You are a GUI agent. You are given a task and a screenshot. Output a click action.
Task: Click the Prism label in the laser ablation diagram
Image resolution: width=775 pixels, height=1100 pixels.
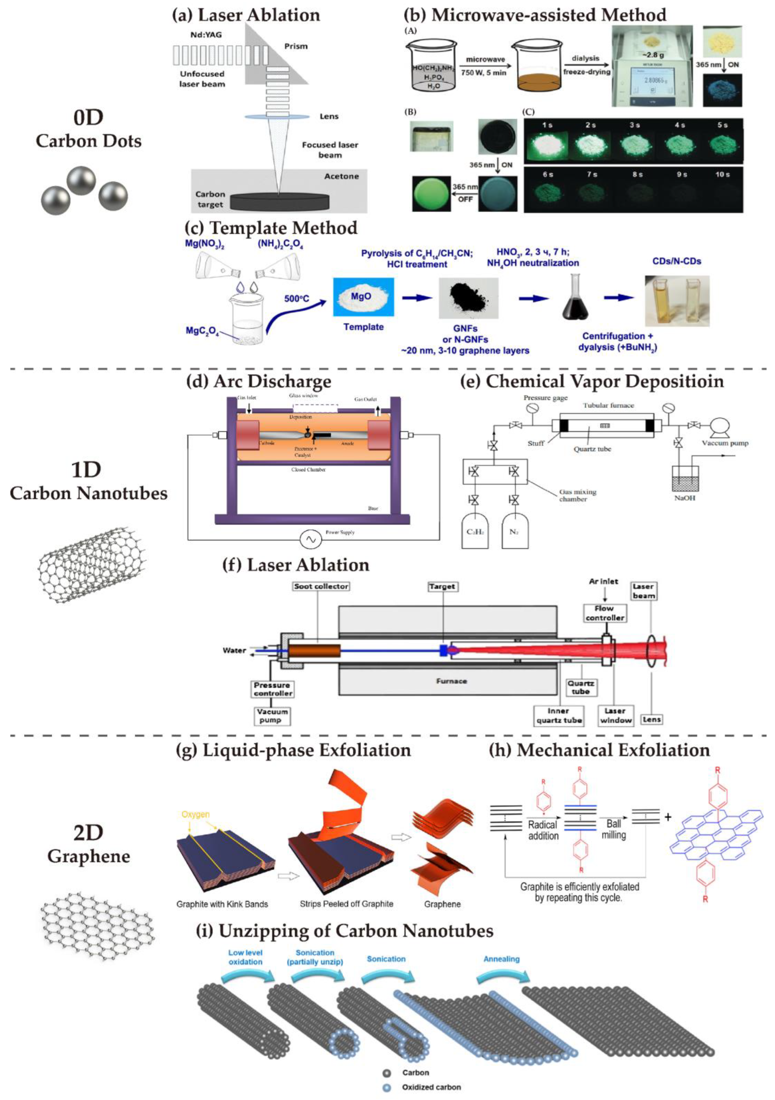pyautogui.click(x=296, y=46)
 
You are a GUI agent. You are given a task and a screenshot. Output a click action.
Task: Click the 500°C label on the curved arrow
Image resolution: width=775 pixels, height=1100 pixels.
pyautogui.click(x=297, y=298)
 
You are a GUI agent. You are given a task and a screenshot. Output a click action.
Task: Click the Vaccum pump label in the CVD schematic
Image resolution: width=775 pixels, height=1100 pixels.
pyautogui.click(x=725, y=443)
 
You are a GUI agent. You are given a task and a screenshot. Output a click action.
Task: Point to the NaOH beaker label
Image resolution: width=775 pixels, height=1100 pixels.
pyautogui.click(x=685, y=498)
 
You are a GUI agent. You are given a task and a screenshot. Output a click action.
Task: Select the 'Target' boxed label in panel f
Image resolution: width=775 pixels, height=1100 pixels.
pyautogui.click(x=442, y=586)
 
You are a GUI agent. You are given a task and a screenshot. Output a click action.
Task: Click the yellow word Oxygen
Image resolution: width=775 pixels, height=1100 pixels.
pyautogui.click(x=195, y=814)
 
